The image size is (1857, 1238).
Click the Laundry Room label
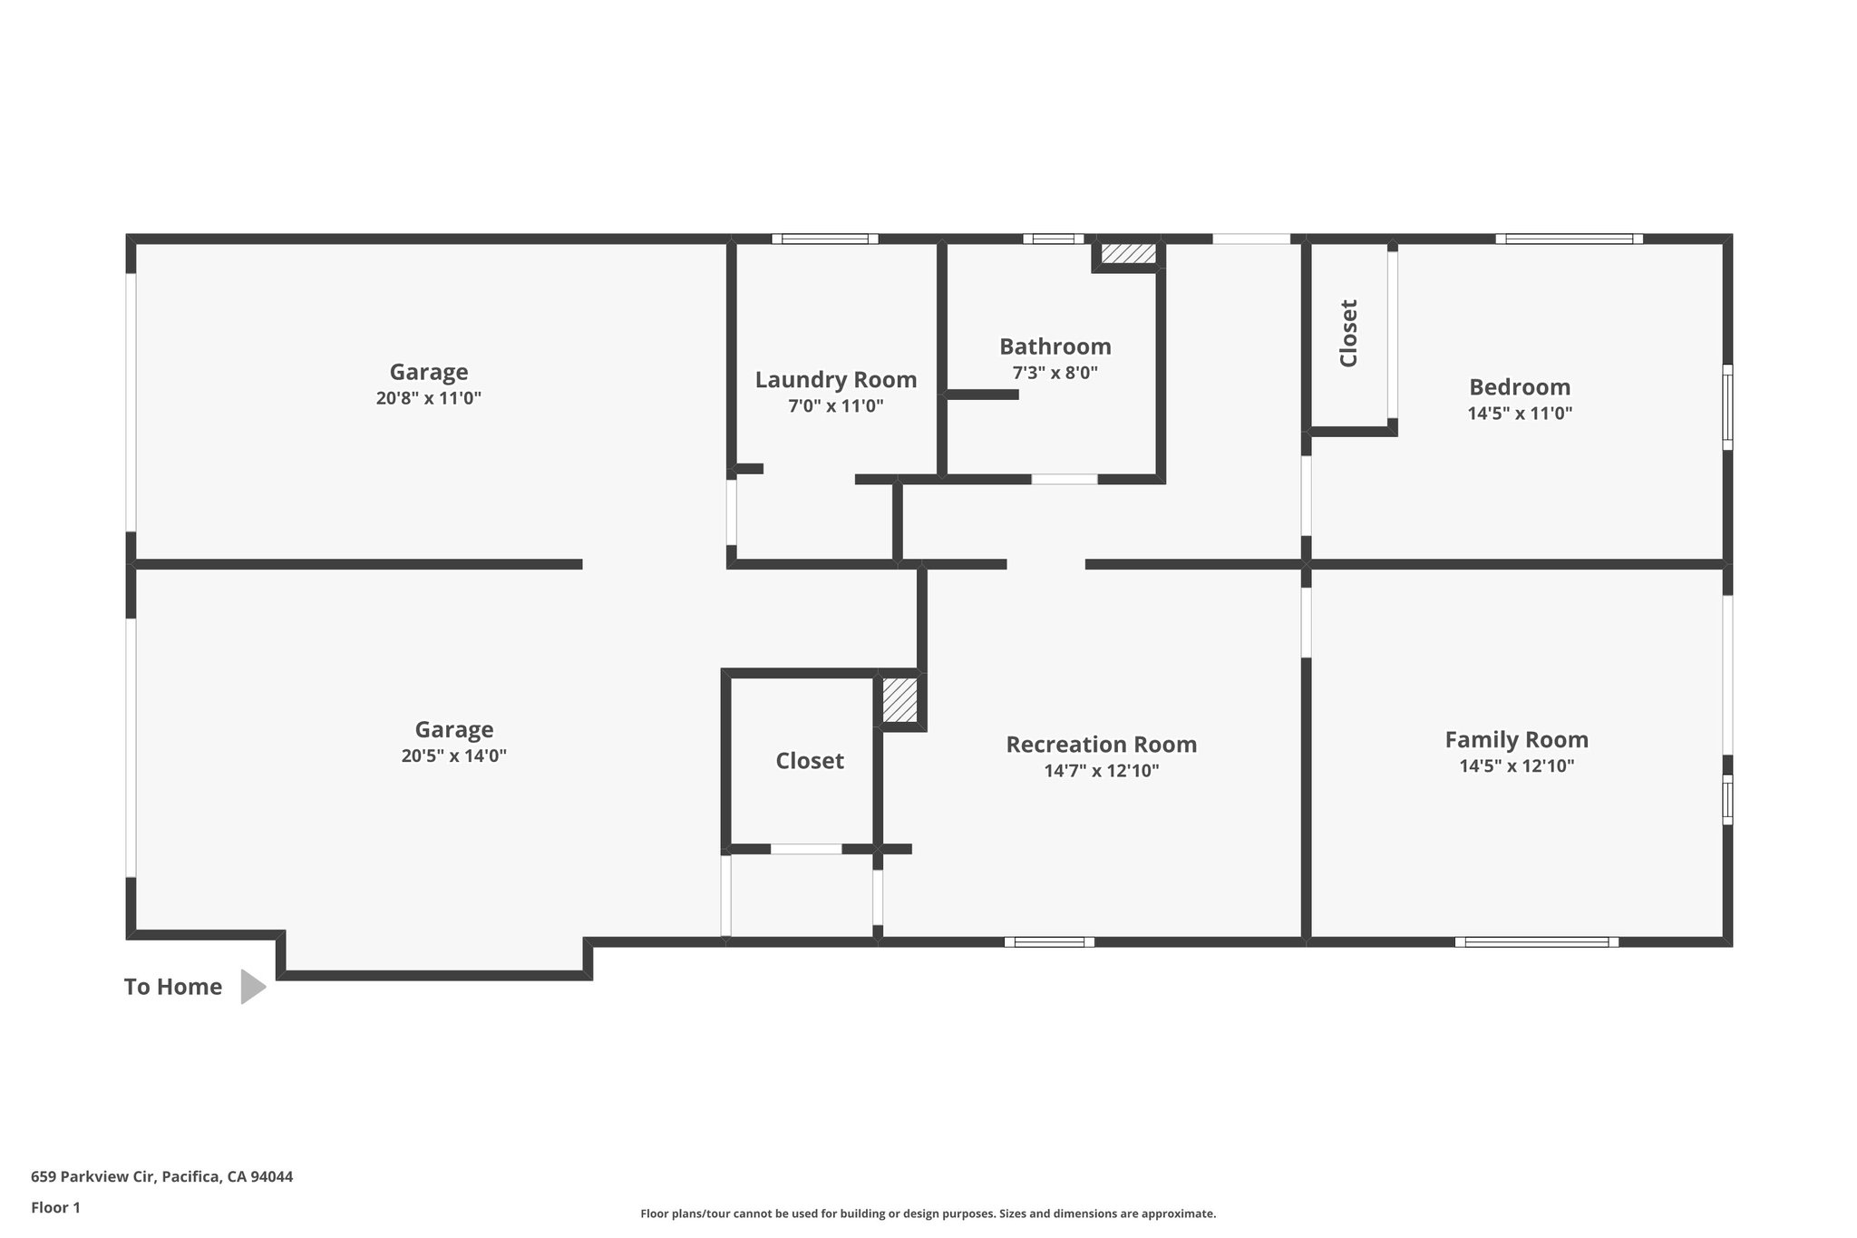tap(835, 380)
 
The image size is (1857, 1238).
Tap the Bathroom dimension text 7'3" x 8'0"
tap(1055, 373)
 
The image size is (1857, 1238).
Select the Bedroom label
tap(1520, 387)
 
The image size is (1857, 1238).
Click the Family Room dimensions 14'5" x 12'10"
tap(1516, 765)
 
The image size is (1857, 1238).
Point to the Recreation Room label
tap(1101, 745)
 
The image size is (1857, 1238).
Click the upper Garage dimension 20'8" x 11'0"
tap(428, 398)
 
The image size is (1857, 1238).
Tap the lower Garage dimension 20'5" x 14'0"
tap(453, 755)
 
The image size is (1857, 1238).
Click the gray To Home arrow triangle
tap(251, 987)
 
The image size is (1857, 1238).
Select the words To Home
tap(173, 987)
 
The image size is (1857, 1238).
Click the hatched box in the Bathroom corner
tap(1128, 253)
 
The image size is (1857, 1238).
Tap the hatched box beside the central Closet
tap(899, 700)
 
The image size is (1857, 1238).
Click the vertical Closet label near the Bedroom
tap(1348, 334)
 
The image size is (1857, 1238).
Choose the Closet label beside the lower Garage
tap(809, 761)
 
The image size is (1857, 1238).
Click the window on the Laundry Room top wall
tap(824, 239)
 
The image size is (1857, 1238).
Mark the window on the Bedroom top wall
tap(1569, 239)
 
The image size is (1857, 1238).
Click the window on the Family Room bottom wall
tap(1536, 941)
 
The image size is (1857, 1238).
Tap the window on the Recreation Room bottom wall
tap(1049, 941)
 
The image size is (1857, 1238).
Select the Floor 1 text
tap(55, 1207)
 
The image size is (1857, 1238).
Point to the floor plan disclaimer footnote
tap(928, 1214)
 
